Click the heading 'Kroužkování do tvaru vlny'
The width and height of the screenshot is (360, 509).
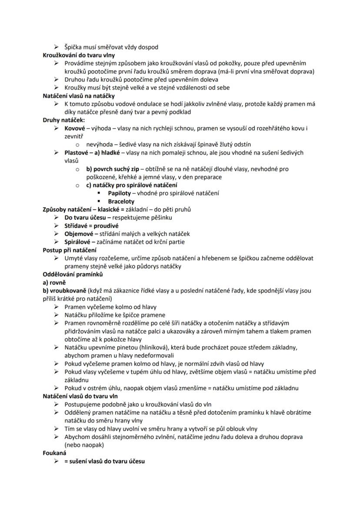tap(78, 55)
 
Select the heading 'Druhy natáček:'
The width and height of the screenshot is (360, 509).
tap(64, 120)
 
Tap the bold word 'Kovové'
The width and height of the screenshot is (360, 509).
tap(75, 128)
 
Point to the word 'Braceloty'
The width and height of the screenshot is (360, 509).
tap(121, 201)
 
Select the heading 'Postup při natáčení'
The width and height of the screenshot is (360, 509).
tap(70, 250)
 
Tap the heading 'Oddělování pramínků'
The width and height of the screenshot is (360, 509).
tap(73, 274)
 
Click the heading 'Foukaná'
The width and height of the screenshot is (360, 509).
tap(54, 453)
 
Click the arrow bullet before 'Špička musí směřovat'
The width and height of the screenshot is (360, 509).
tap(56, 47)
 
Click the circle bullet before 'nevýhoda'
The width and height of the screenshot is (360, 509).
tap(77, 144)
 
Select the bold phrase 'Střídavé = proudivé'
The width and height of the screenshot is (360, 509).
tap(91, 226)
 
